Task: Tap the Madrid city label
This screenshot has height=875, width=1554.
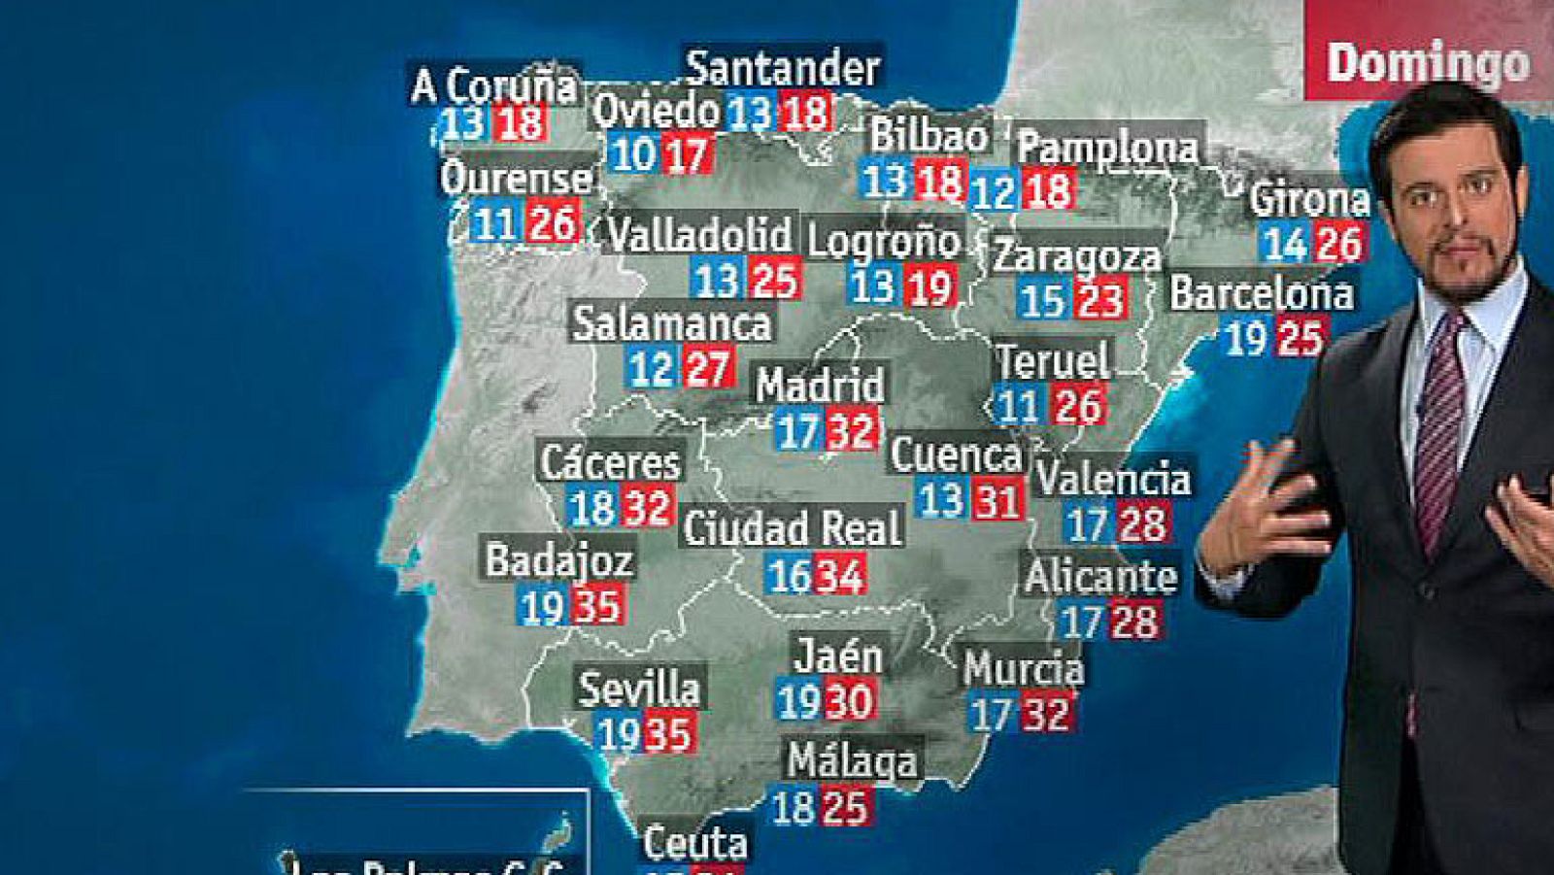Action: (x=821, y=385)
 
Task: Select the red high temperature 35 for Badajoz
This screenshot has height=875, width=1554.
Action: (x=597, y=606)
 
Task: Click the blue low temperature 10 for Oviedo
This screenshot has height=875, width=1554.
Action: (x=633, y=154)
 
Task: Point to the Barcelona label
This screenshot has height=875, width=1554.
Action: (x=1261, y=293)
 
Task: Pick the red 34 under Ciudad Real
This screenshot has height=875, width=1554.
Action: (x=839, y=576)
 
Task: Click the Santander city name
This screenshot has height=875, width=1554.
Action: (x=783, y=68)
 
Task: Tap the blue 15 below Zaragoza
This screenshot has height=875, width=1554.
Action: (x=1043, y=300)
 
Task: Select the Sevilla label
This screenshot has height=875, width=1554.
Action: (x=639, y=689)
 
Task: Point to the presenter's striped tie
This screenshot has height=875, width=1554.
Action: (x=1439, y=427)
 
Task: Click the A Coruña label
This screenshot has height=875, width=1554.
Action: (x=494, y=85)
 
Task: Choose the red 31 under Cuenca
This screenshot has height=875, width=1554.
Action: (x=997, y=501)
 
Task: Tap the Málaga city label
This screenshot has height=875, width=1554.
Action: (x=852, y=759)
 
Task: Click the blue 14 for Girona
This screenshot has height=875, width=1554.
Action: (x=1286, y=243)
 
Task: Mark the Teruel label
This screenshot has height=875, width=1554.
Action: (x=1053, y=361)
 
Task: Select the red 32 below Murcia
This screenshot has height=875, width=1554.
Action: (x=1045, y=715)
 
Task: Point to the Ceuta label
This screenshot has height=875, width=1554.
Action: (x=695, y=843)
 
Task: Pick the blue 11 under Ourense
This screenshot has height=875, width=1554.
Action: (x=494, y=225)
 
